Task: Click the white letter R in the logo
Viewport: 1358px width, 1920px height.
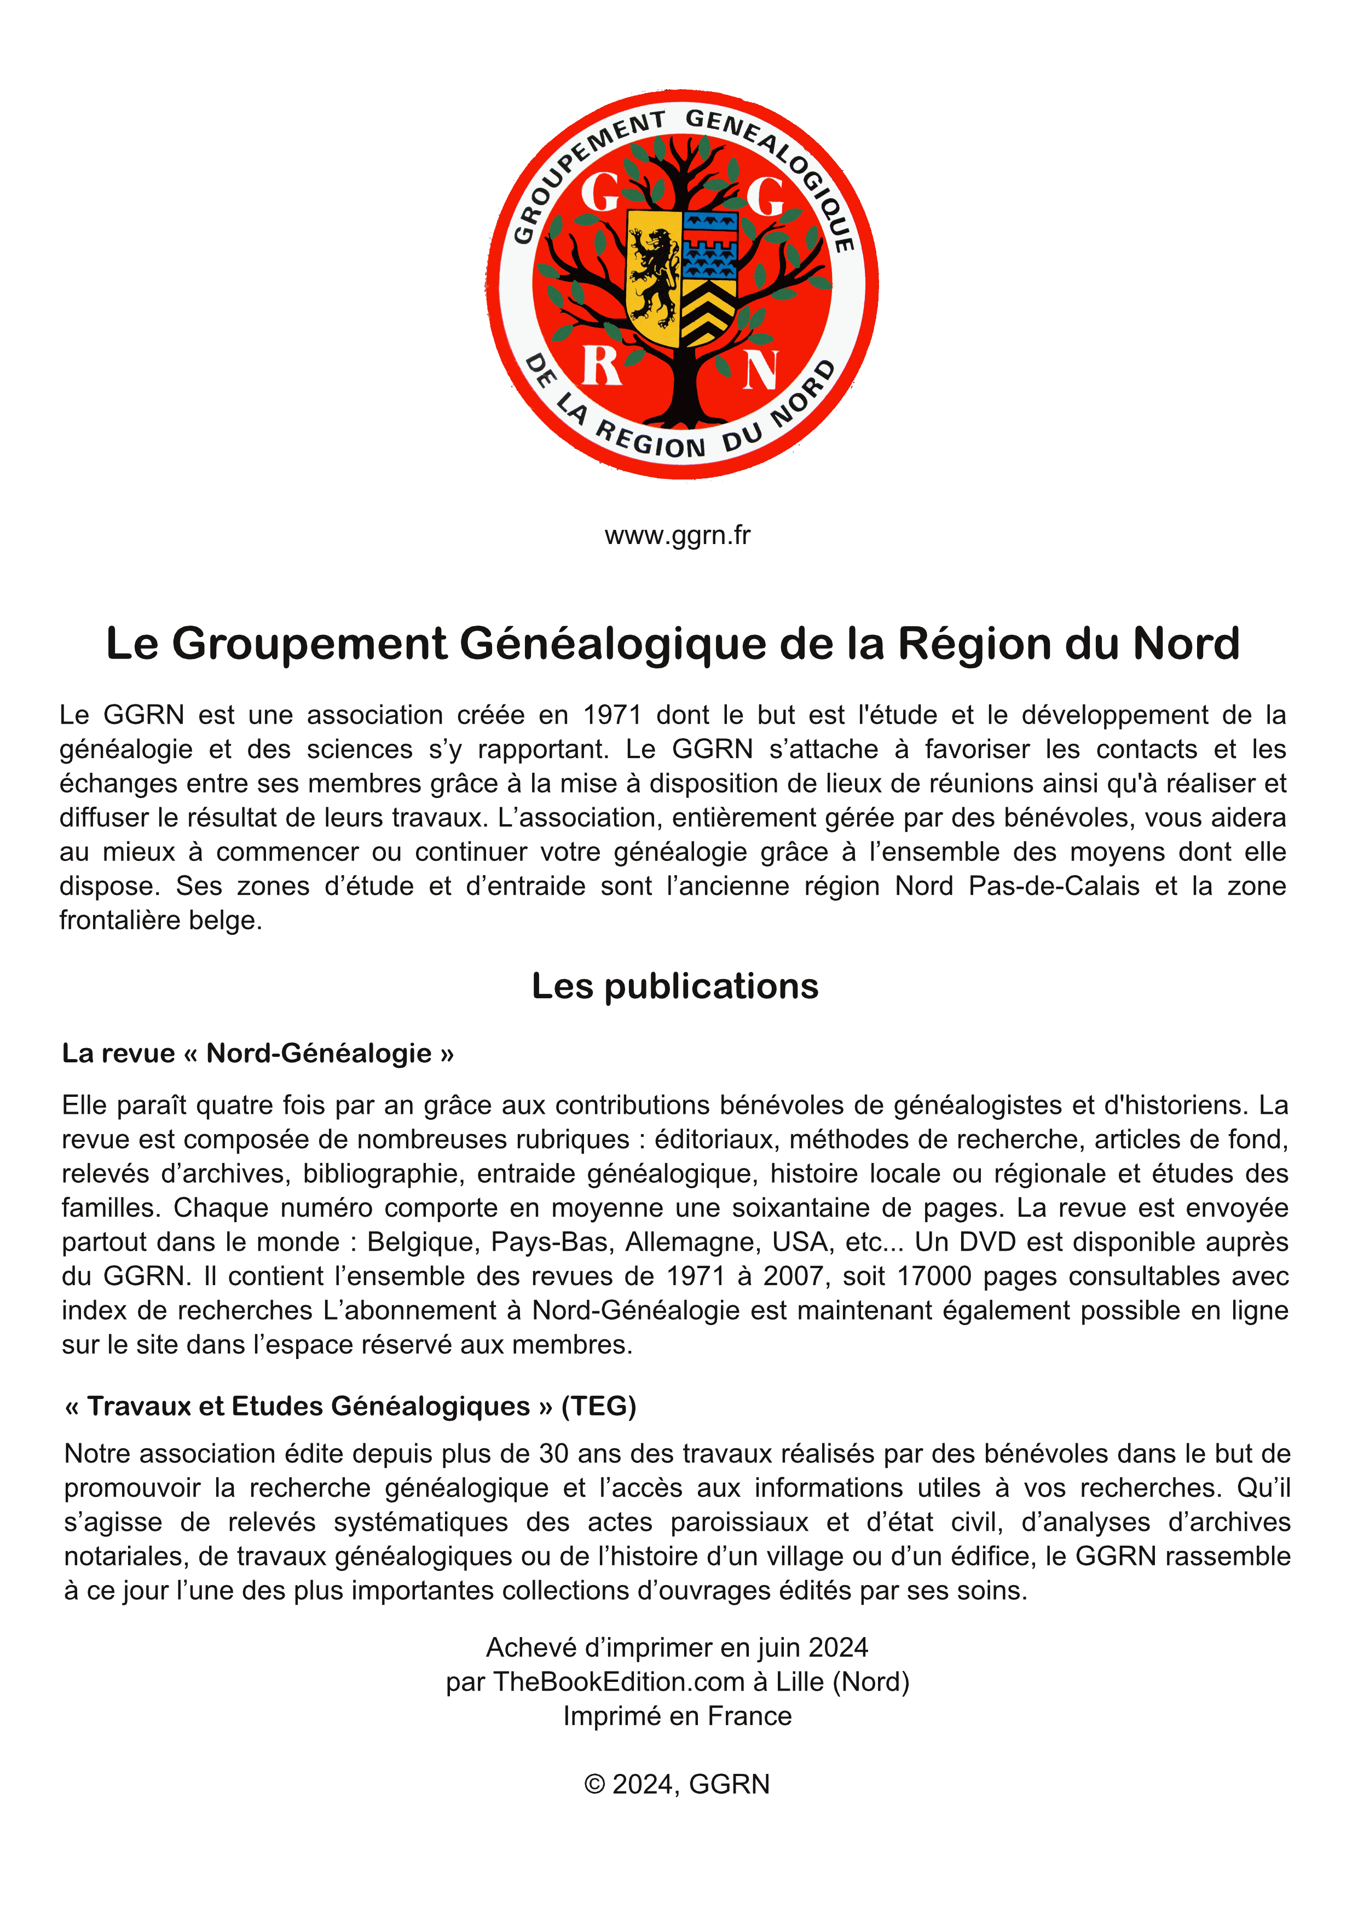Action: tap(600, 366)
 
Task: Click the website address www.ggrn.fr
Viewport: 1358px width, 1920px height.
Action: tap(677, 535)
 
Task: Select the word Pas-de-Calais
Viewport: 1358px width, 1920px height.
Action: tap(1054, 886)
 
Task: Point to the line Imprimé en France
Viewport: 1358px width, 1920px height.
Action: tap(677, 1716)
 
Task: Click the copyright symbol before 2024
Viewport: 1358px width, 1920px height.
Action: tap(594, 1784)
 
